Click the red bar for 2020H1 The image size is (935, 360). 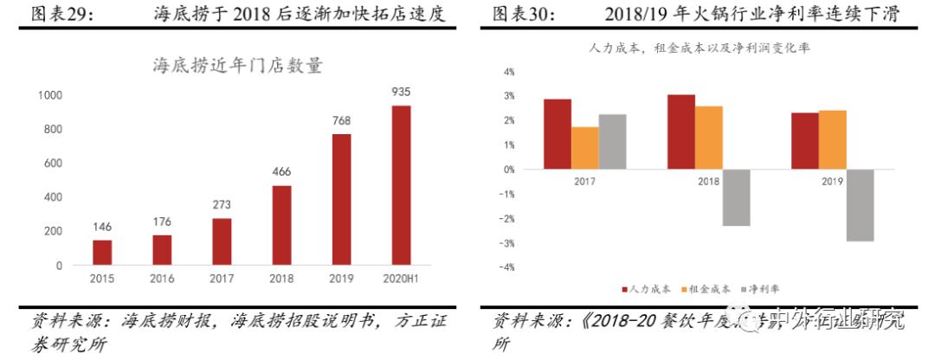(x=401, y=185)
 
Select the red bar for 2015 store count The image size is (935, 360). (x=102, y=253)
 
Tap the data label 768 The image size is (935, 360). (x=341, y=121)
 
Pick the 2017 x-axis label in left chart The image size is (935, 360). (x=222, y=279)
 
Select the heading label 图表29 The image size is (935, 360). (x=63, y=14)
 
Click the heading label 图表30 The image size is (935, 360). (x=525, y=14)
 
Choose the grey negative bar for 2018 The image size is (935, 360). (x=736, y=197)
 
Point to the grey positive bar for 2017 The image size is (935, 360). (x=612, y=142)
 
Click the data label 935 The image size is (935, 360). (x=401, y=92)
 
